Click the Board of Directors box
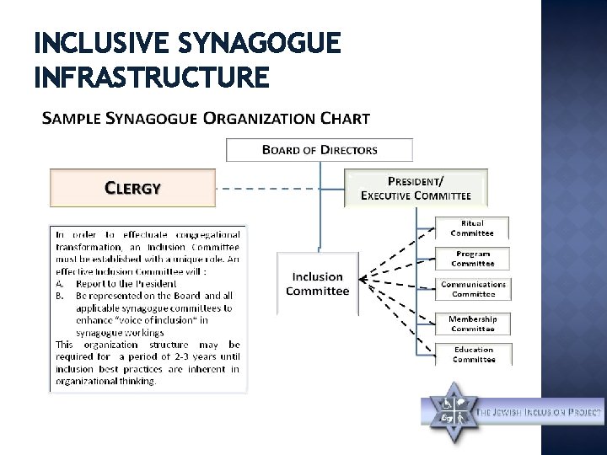pos(320,150)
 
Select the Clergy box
pos(132,188)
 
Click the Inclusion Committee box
pos(317,284)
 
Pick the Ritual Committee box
pos(471,227)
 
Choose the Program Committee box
pos(472,259)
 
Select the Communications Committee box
pos(473,289)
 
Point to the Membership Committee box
pos(472,324)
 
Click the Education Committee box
pos(473,355)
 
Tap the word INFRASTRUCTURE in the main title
pos(152,78)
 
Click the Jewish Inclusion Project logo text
pos(540,413)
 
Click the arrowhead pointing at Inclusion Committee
pos(362,279)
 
